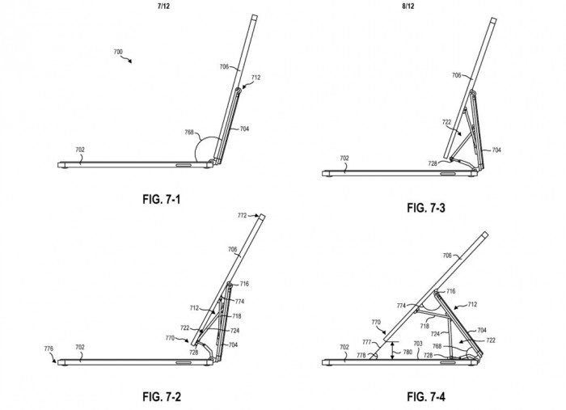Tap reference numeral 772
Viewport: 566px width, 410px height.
242,217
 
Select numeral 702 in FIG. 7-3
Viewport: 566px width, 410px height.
344,159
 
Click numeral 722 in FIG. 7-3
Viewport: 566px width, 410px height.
446,124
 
